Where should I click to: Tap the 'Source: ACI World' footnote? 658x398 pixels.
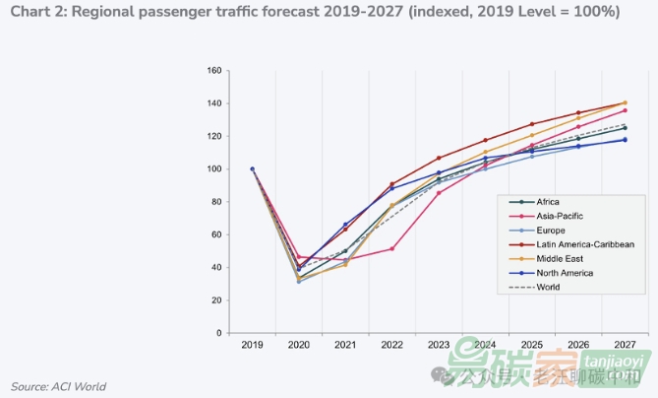pos(58,386)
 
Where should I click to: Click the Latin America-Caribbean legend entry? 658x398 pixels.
pos(584,244)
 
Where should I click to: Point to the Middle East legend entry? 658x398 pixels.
pos(560,258)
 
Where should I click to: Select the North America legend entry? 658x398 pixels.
pos(565,273)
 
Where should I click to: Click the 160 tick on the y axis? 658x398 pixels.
pos(213,71)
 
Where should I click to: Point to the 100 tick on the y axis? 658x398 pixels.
pos(213,169)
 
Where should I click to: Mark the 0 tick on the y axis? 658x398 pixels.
pos(218,333)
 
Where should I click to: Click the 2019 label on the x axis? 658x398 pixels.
pos(252,345)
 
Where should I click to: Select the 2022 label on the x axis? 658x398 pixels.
pos(391,345)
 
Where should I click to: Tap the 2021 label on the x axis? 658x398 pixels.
pos(345,345)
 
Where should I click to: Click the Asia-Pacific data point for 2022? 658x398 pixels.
pos(391,248)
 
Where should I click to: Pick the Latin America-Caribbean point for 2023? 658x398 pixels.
pos(439,158)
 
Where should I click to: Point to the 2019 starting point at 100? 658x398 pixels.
pos(253,169)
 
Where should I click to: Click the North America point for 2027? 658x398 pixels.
pos(625,140)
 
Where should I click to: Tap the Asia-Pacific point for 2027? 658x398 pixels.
pos(625,110)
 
